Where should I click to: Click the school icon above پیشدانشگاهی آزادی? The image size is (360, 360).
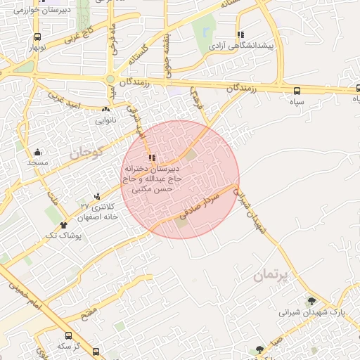[x=240, y=34]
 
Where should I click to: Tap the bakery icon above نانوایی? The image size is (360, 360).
[x=106, y=109]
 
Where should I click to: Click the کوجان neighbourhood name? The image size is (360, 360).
[x=86, y=151]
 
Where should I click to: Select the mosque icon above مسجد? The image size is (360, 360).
[x=37, y=152]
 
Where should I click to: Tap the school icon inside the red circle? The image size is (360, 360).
[x=153, y=157]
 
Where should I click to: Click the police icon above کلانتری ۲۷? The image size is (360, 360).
[x=97, y=195]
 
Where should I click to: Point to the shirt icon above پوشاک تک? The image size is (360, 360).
[x=64, y=225]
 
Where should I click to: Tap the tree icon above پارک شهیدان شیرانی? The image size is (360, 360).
[x=311, y=301]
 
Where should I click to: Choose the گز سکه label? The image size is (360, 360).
[x=68, y=346]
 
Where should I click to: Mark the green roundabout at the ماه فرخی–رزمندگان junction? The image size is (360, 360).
[x=111, y=78]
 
